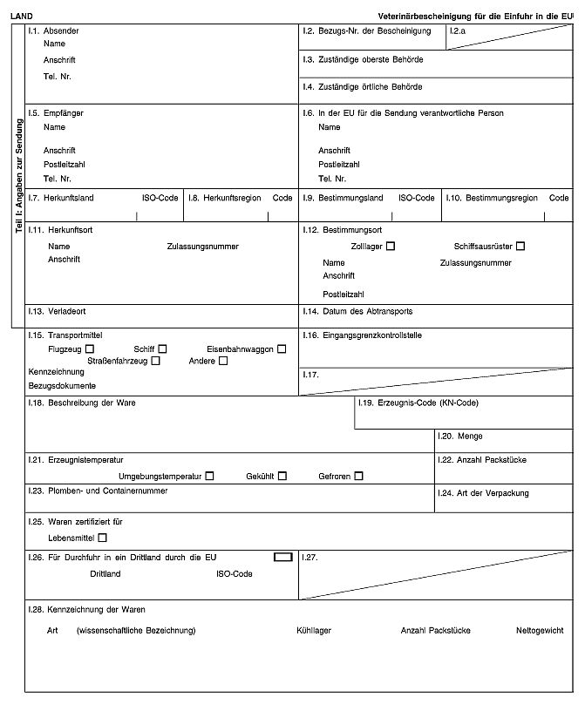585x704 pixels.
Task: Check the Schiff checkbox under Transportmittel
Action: coord(162,349)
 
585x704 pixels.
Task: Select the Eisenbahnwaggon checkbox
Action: coord(282,349)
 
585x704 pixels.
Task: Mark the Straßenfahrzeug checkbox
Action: coord(155,360)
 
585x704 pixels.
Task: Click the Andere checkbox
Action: coord(223,360)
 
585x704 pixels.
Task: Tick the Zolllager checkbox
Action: coord(390,247)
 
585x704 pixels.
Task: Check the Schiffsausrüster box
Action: coord(520,247)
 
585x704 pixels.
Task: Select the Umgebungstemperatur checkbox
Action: coord(209,476)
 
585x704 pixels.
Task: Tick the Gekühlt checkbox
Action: coord(282,476)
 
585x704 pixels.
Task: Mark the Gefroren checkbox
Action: coord(358,476)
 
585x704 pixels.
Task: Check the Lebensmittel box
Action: coord(104,538)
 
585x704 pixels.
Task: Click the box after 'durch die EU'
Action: coord(282,555)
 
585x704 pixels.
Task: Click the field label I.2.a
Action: coord(458,31)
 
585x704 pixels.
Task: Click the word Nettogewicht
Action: coord(540,630)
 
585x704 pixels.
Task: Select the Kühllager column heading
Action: coord(314,630)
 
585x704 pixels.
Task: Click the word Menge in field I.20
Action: coord(471,436)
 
